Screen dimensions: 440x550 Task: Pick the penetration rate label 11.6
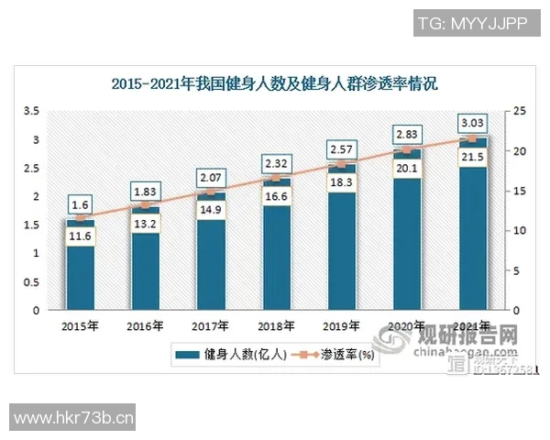[79, 236]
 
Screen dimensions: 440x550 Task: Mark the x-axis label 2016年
[145, 326]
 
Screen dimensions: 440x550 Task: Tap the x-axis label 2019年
[342, 326]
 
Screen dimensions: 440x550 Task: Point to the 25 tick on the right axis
[519, 111]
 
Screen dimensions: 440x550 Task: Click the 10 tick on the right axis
[519, 231]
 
